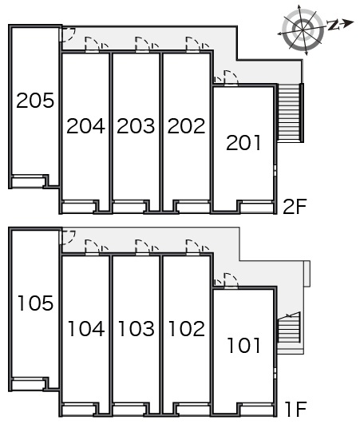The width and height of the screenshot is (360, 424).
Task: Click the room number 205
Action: (35, 101)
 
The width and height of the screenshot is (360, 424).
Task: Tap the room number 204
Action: (85, 126)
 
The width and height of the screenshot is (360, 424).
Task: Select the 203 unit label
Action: (136, 126)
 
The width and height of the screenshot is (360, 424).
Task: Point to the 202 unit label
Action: (187, 126)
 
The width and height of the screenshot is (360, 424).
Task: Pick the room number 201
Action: (243, 142)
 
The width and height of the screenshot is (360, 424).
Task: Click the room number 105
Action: (35, 303)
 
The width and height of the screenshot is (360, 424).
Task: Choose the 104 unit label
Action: (86, 328)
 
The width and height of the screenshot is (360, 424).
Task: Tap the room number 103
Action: (136, 328)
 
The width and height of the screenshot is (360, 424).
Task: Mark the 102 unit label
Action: (187, 328)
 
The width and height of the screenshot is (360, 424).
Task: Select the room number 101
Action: (243, 345)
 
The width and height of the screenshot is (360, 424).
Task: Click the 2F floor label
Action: (295, 206)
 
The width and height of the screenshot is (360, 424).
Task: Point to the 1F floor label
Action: (296, 409)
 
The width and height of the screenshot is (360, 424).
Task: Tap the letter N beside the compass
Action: (334, 25)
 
